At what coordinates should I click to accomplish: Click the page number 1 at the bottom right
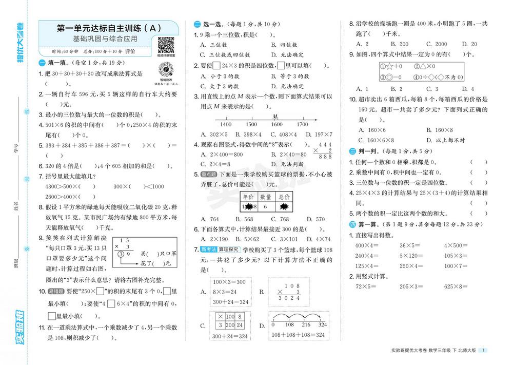(x=485, y=350)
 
